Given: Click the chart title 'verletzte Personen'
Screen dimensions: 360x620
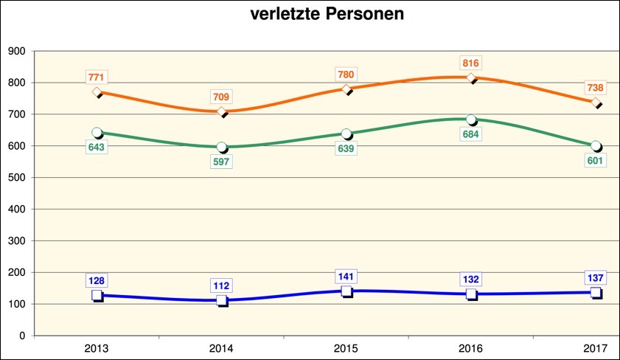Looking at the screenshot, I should click(x=326, y=15).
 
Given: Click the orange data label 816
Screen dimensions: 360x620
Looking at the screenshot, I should click(x=470, y=63).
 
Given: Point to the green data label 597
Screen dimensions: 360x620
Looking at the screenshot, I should click(x=222, y=162).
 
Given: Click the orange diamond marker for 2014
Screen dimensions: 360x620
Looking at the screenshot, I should click(x=222, y=112).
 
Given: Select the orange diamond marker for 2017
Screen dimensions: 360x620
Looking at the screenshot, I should click(x=595, y=103).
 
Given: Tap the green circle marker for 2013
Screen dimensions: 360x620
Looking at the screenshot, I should click(x=97, y=133).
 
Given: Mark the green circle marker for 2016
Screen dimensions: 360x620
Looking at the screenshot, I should click(x=471, y=120).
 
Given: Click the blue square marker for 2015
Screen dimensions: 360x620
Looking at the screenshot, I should click(x=346, y=291).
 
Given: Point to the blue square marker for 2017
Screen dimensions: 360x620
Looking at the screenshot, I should click(x=595, y=292).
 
